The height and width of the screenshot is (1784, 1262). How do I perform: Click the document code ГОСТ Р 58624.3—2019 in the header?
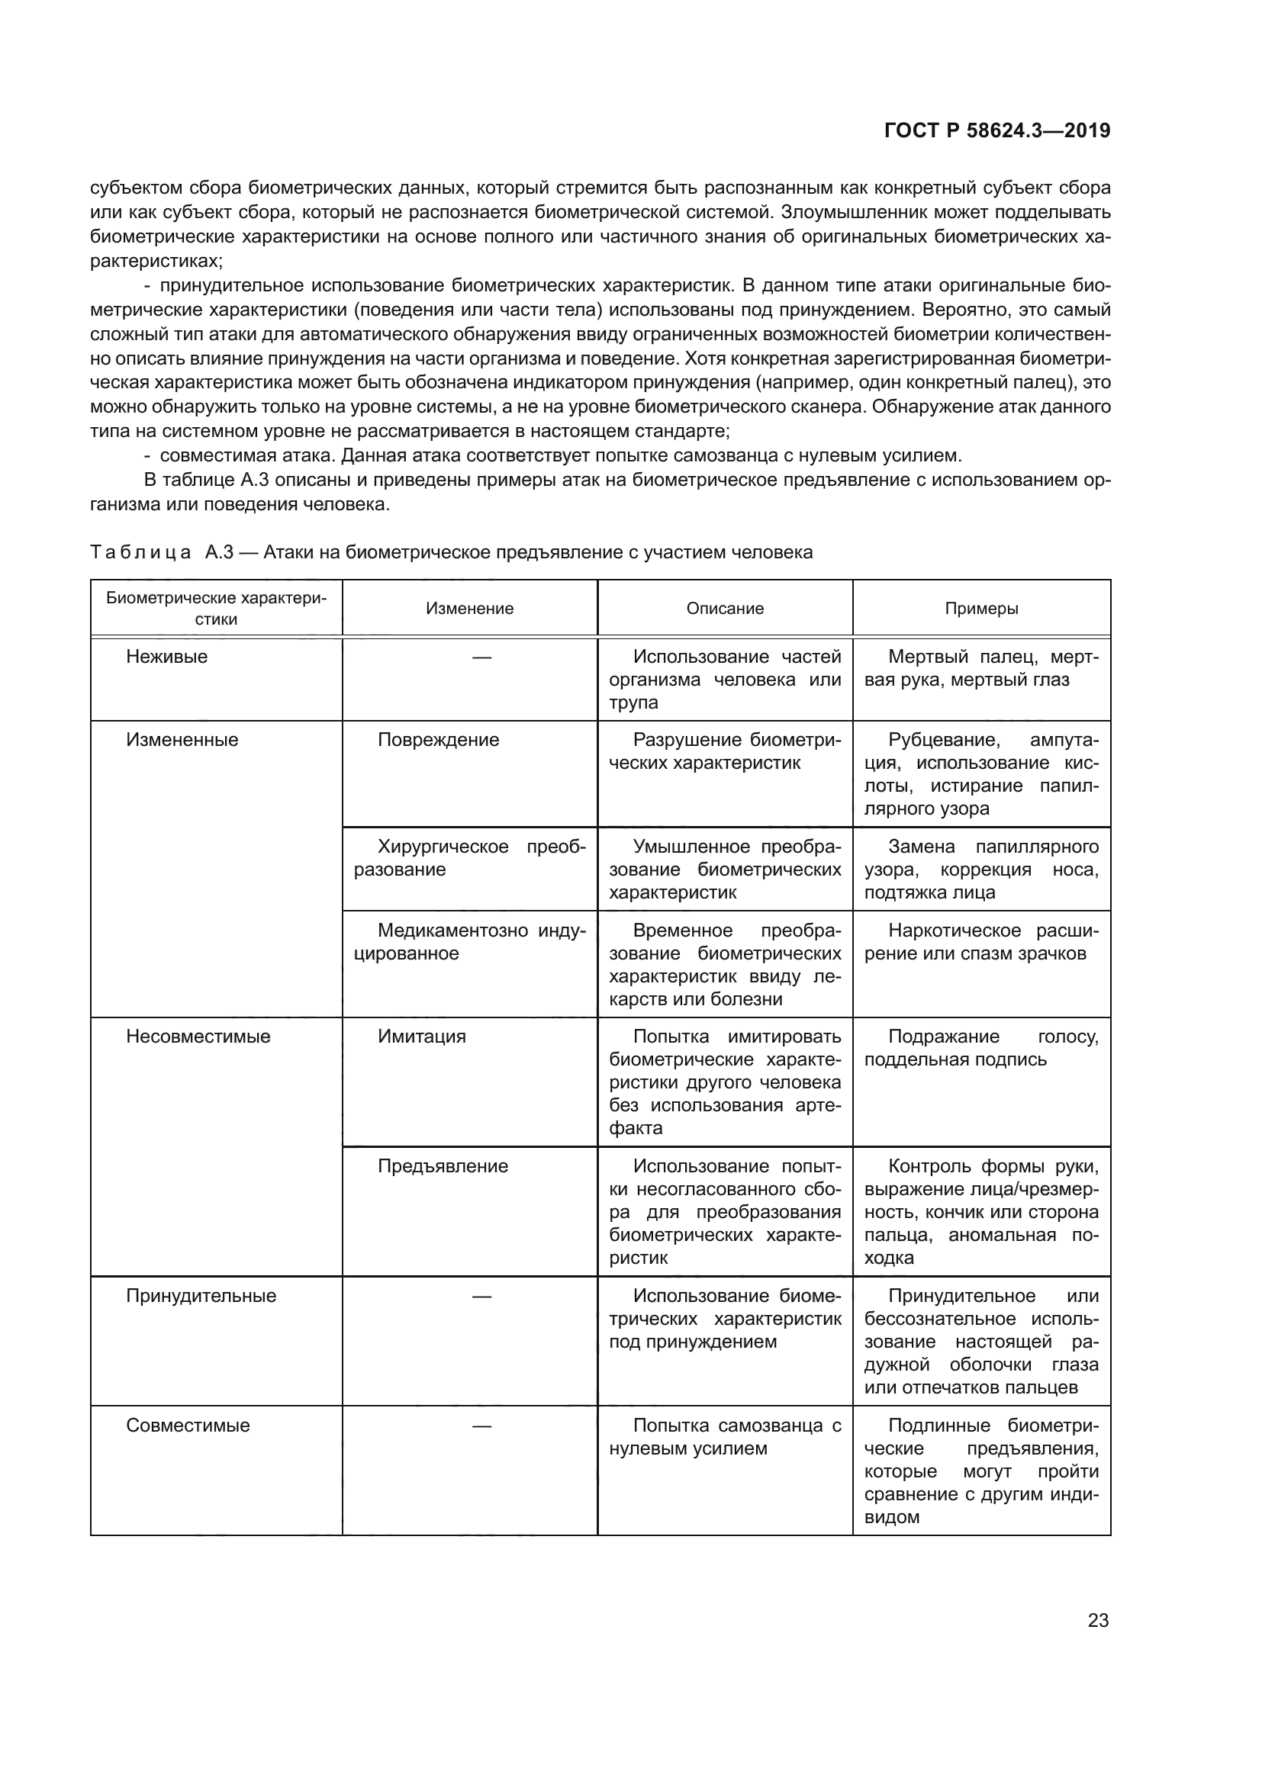pos(997,131)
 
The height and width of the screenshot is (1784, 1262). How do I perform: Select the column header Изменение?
pos(469,609)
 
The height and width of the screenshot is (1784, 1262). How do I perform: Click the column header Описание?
pos(725,609)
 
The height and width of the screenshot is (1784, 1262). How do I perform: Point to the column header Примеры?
pos(981,609)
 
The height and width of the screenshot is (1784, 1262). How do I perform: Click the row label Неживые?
pos(167,657)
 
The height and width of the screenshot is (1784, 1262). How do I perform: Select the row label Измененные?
pos(182,740)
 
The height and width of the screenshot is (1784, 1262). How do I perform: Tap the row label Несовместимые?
pos(198,1037)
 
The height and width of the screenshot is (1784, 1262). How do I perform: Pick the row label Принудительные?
pos(201,1296)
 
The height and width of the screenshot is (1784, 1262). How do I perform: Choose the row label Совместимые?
pos(188,1426)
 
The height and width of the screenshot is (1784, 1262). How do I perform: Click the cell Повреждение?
pos(438,740)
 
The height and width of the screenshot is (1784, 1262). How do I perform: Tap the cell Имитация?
pos(422,1037)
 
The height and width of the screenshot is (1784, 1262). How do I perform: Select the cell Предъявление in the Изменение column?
pos(443,1166)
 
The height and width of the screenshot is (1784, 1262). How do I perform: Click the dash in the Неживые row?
pos(481,657)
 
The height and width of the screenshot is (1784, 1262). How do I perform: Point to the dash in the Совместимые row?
pos(481,1426)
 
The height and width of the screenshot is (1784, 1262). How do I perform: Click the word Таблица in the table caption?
pos(140,552)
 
